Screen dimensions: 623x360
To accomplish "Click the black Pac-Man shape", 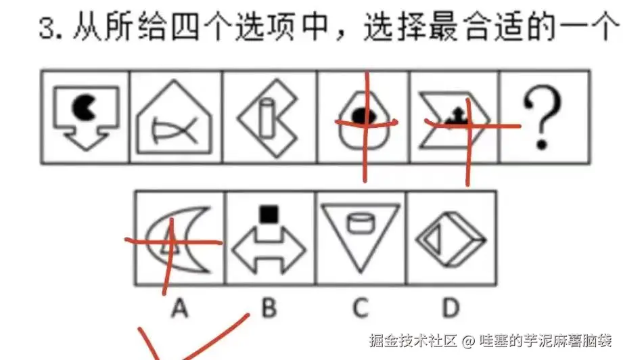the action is tap(83, 107).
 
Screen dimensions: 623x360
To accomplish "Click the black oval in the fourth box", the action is tap(364, 116).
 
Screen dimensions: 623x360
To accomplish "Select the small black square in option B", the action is tap(269, 214).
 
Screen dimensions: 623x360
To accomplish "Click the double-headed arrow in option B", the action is tap(269, 250).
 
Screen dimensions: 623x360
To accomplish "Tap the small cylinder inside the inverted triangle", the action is tap(360, 223).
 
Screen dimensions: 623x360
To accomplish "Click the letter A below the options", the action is tap(179, 308).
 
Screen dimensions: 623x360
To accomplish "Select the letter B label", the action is tap(269, 308).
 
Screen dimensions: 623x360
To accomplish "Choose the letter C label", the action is tap(361, 308).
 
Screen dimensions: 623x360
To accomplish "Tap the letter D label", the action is tap(451, 308).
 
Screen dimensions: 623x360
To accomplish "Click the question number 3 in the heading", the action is tap(47, 28).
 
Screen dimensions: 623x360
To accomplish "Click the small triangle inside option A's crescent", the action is tap(170, 240).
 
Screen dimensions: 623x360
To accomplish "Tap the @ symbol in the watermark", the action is tap(468, 341).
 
